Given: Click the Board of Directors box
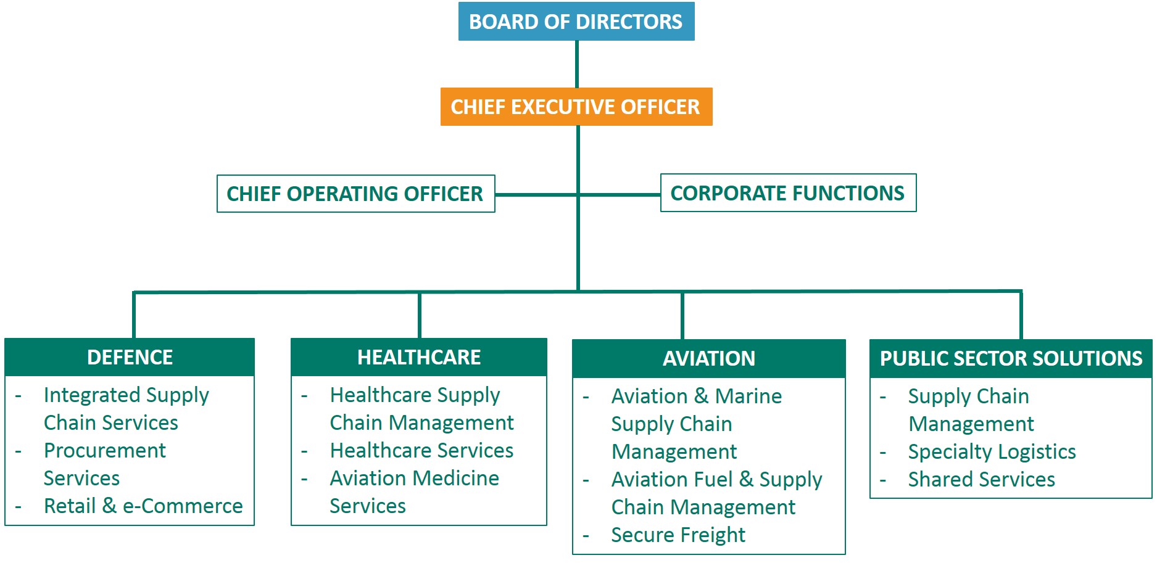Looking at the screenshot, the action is [576, 22].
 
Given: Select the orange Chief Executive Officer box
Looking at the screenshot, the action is [576, 107].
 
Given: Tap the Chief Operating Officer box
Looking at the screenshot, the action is [356, 194].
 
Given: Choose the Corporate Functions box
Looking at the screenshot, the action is [789, 193].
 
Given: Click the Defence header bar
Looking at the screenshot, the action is [130, 357].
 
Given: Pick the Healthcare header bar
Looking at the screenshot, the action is [419, 357].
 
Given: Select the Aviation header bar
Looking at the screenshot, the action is [709, 358].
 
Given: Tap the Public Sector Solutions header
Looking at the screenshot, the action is [1011, 358].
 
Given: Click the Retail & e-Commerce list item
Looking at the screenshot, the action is [143, 506].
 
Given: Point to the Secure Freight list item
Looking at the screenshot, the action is [678, 535].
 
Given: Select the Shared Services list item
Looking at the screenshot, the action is [981, 480].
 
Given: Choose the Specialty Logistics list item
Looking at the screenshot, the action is [992, 452].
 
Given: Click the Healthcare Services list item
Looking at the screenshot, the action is [421, 451].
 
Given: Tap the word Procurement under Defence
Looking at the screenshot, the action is [105, 451].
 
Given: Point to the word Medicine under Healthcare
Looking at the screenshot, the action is [456, 479].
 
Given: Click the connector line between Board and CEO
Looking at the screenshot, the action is [577, 64].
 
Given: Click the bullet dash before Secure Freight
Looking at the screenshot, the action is [586, 536].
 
